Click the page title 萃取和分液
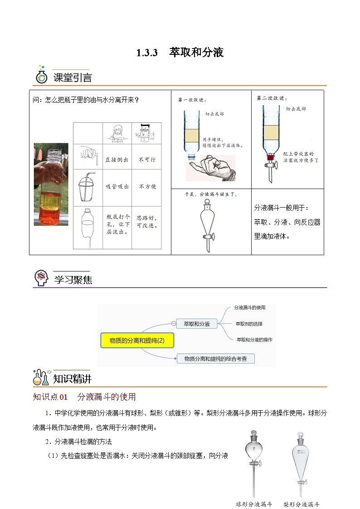[x=196, y=53]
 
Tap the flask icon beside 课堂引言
[x=42, y=75]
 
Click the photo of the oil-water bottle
[x=51, y=184]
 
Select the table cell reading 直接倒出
[x=117, y=160]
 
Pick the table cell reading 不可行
[x=146, y=160]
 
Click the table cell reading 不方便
[x=147, y=186]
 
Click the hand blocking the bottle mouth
[x=211, y=168]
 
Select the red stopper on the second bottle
[x=271, y=158]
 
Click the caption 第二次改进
[x=272, y=97]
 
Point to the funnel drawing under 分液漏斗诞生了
[x=206, y=224]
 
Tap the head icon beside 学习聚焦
[x=41, y=278]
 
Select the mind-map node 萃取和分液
[x=197, y=324]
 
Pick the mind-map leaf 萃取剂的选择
[x=248, y=324]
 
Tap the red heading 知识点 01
[x=50, y=397]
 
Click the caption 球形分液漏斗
[x=254, y=504]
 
